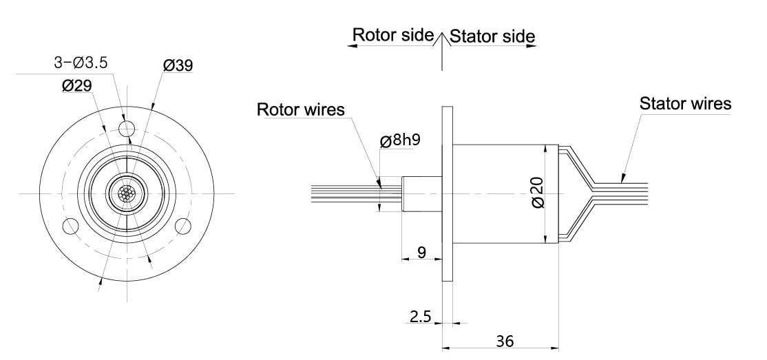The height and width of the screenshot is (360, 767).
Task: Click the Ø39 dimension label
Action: pos(178,65)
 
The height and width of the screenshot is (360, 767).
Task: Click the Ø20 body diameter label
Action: pos(538,193)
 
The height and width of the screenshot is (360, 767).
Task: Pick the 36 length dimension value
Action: pos(505,340)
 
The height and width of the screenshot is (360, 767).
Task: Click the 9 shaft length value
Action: pos(421,253)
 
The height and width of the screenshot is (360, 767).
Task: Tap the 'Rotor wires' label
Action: pos(300,110)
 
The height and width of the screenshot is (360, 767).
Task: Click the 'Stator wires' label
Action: pos(685,105)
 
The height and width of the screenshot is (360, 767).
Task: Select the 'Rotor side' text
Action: pos(393,34)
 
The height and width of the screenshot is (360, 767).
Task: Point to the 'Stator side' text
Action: pos(492,35)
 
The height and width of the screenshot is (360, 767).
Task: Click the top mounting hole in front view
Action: pos(126,128)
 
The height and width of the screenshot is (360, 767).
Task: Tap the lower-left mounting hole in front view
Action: pos(70,225)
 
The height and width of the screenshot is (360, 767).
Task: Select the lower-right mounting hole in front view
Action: pos(182,225)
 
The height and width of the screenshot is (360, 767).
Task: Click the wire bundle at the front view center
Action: pos(126,193)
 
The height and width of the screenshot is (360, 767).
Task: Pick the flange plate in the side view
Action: pos(447,193)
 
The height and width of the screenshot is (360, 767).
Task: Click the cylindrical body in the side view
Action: pos(504,193)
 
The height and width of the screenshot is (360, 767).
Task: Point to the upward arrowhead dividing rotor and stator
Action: pos(441,36)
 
